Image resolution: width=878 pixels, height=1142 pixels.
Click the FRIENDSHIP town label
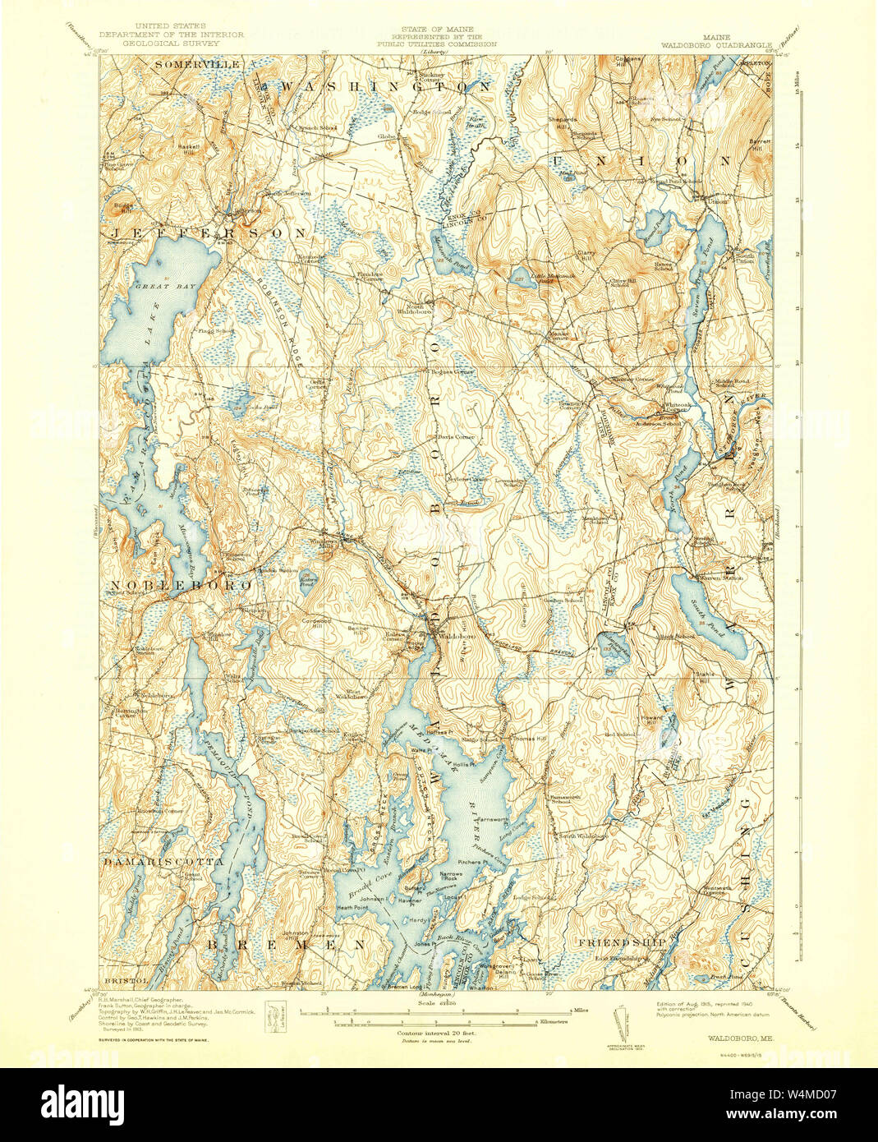tap(620, 942)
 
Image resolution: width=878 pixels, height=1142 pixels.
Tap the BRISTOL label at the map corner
tap(126, 980)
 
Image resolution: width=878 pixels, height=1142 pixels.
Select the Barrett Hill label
tap(760, 144)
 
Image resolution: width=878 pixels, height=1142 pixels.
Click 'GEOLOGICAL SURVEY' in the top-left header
tap(171, 44)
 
